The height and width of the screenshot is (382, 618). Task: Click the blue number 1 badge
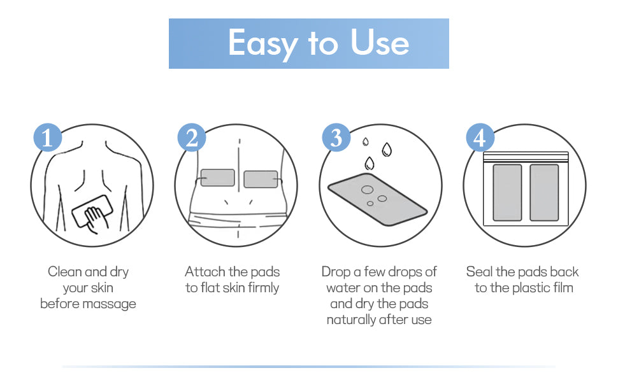pos(48,138)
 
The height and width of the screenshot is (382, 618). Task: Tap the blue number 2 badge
pos(192,138)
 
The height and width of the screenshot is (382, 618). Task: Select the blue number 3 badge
pos(336,138)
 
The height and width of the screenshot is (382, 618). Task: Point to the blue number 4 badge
pos(480,138)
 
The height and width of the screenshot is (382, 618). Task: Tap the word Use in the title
pos(380,42)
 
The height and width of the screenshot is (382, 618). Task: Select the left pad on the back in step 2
pos(217,178)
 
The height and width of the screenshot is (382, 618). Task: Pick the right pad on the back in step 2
pos(261,179)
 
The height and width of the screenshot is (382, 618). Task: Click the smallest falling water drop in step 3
pos(365,142)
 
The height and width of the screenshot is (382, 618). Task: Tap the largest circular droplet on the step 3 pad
pos(368,190)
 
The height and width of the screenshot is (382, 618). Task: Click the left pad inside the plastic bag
pos(507,192)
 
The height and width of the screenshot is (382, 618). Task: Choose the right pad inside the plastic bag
pos(544,192)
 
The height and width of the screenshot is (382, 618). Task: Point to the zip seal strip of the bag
pos(526,157)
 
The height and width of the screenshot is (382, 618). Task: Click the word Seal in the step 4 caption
pos(479,271)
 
